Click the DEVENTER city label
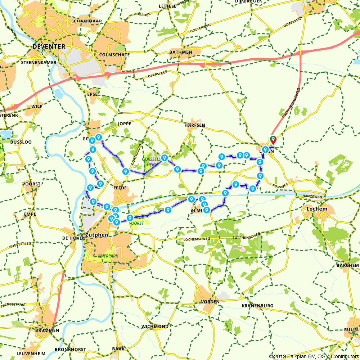49,46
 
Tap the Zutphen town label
95,235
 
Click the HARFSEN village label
195,125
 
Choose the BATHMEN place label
180,53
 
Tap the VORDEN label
210,302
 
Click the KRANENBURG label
257,306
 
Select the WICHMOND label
155,327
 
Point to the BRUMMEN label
47,330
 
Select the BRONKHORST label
70,349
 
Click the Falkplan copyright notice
314,356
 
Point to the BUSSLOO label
21,142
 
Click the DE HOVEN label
73,238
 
